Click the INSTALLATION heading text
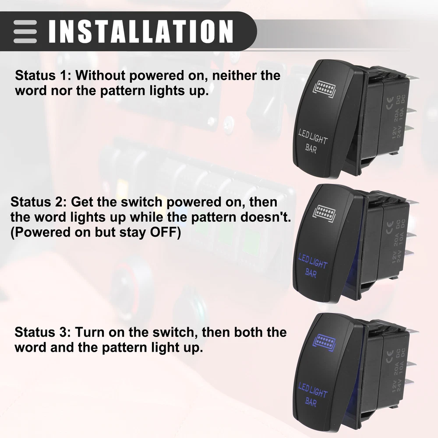coord(141,31)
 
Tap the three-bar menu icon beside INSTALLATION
coord(25,32)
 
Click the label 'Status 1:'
coord(43,75)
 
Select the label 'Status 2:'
coord(39,201)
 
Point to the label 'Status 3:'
coord(43,332)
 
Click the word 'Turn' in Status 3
coord(89,332)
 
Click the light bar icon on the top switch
coord(324,89)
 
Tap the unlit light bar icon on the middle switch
coord(324,214)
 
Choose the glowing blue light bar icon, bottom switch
coord(324,343)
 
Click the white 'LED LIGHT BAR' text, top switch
coord(312,141)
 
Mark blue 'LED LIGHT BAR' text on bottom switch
coord(312,395)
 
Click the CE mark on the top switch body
coord(390,102)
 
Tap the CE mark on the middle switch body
coord(390,227)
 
